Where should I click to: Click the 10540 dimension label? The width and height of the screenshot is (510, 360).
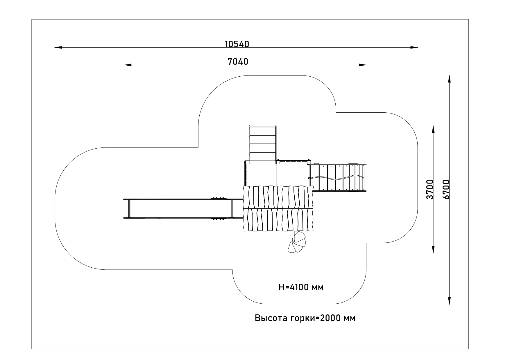[237, 44]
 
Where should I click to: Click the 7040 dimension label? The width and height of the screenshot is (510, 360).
[238, 62]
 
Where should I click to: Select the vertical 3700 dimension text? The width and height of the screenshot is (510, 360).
[430, 189]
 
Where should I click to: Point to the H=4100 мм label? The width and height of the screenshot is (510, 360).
[301, 287]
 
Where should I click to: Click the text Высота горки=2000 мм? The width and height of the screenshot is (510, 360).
[305, 318]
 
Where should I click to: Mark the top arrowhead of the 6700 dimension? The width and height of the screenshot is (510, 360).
[449, 79]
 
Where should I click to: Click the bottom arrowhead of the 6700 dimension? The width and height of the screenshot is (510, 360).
[449, 301]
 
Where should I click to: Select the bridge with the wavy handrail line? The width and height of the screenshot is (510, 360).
[337, 178]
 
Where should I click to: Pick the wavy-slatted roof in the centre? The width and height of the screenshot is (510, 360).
[278, 208]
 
